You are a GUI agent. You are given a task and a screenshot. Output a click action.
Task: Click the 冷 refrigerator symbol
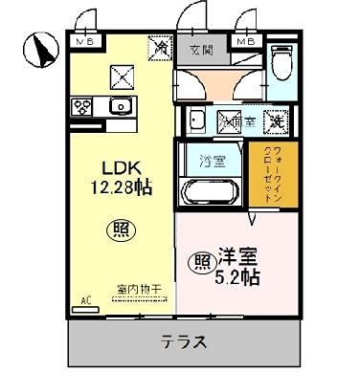coord(158,44)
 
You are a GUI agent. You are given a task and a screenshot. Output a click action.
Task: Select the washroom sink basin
coord(194,121)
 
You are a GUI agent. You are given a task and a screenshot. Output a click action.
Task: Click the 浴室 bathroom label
coord(212,162)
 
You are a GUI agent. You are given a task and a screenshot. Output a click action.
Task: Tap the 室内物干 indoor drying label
coord(138,288)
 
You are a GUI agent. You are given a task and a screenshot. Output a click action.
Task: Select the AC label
coord(85,300)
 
